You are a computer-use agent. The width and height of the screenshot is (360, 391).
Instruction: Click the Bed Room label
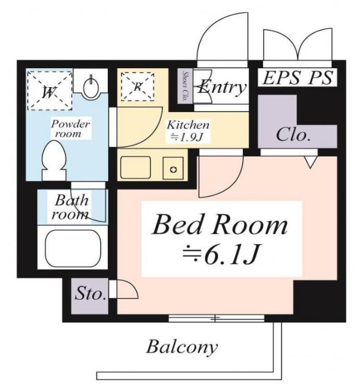(x=219, y=225)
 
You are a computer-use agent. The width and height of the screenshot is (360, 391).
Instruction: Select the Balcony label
(x=182, y=347)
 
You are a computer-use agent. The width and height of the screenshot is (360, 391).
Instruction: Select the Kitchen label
(x=188, y=125)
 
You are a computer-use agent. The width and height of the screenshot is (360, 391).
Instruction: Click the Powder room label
(x=70, y=128)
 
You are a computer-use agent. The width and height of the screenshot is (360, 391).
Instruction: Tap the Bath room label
(x=72, y=206)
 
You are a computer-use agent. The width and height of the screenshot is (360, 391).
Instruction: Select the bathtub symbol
(x=73, y=248)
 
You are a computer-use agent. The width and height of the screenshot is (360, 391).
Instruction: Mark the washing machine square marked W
(x=49, y=90)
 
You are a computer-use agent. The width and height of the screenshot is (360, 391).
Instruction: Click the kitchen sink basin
(x=135, y=166)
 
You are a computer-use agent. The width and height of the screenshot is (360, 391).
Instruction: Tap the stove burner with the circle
(x=174, y=169)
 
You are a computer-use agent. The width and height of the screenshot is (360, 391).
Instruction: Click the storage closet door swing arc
(x=127, y=289)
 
